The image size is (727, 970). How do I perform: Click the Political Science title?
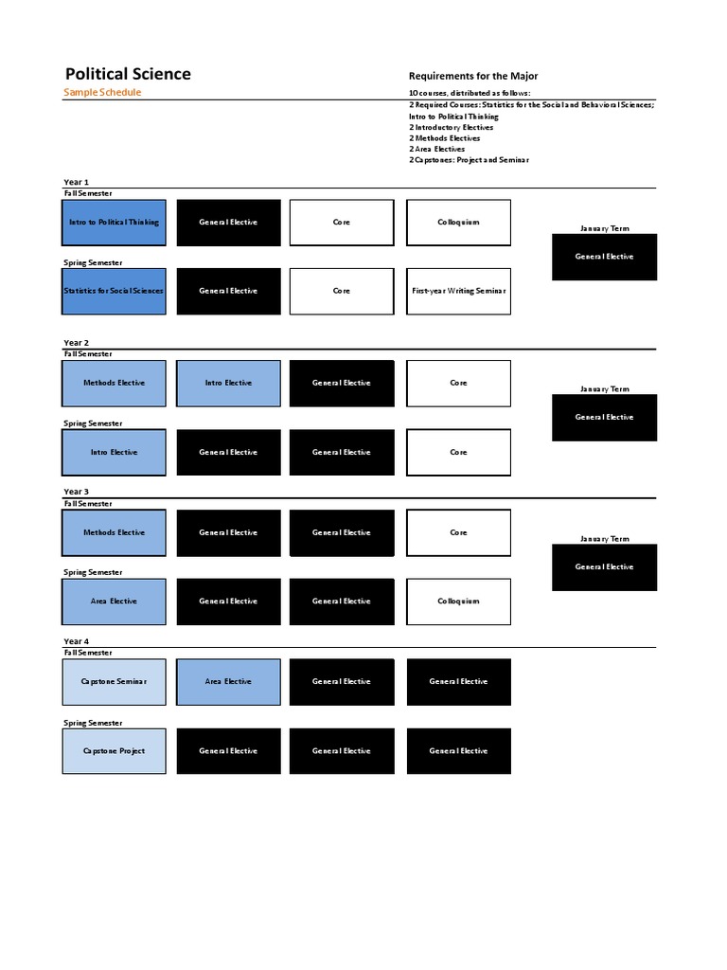point(128,74)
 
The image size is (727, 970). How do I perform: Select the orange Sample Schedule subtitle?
point(102,93)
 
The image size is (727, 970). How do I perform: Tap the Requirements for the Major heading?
point(472,76)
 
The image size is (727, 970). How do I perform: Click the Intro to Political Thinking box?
point(115,223)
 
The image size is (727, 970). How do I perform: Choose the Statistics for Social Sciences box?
point(115,292)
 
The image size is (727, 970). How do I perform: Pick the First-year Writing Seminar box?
point(459,292)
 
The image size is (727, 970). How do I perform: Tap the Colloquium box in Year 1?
point(459,223)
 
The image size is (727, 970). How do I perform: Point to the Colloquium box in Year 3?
point(459,602)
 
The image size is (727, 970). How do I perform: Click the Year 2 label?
point(77,343)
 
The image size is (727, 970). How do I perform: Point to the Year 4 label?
point(77,641)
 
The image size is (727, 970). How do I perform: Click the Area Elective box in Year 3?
point(115,602)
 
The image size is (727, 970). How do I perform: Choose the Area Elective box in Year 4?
point(228,682)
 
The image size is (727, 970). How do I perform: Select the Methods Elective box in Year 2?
point(115,384)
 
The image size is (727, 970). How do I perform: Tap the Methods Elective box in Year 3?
point(115,532)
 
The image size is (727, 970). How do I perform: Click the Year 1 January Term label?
point(605,228)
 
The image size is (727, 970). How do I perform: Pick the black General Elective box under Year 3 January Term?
point(605,567)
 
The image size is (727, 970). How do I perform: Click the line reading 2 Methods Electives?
point(444,138)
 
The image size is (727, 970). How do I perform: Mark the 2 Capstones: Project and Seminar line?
point(469,160)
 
